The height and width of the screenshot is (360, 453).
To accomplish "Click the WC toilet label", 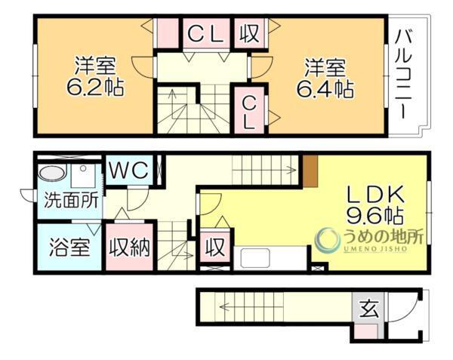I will (131, 169).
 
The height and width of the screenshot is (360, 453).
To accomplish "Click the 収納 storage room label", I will (130, 248).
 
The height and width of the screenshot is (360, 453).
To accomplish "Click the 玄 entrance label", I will (368, 309).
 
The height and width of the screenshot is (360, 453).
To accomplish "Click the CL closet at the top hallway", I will (205, 32).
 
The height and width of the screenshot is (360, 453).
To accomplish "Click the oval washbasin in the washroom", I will (51, 172).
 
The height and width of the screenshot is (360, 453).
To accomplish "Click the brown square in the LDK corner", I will (310, 165).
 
